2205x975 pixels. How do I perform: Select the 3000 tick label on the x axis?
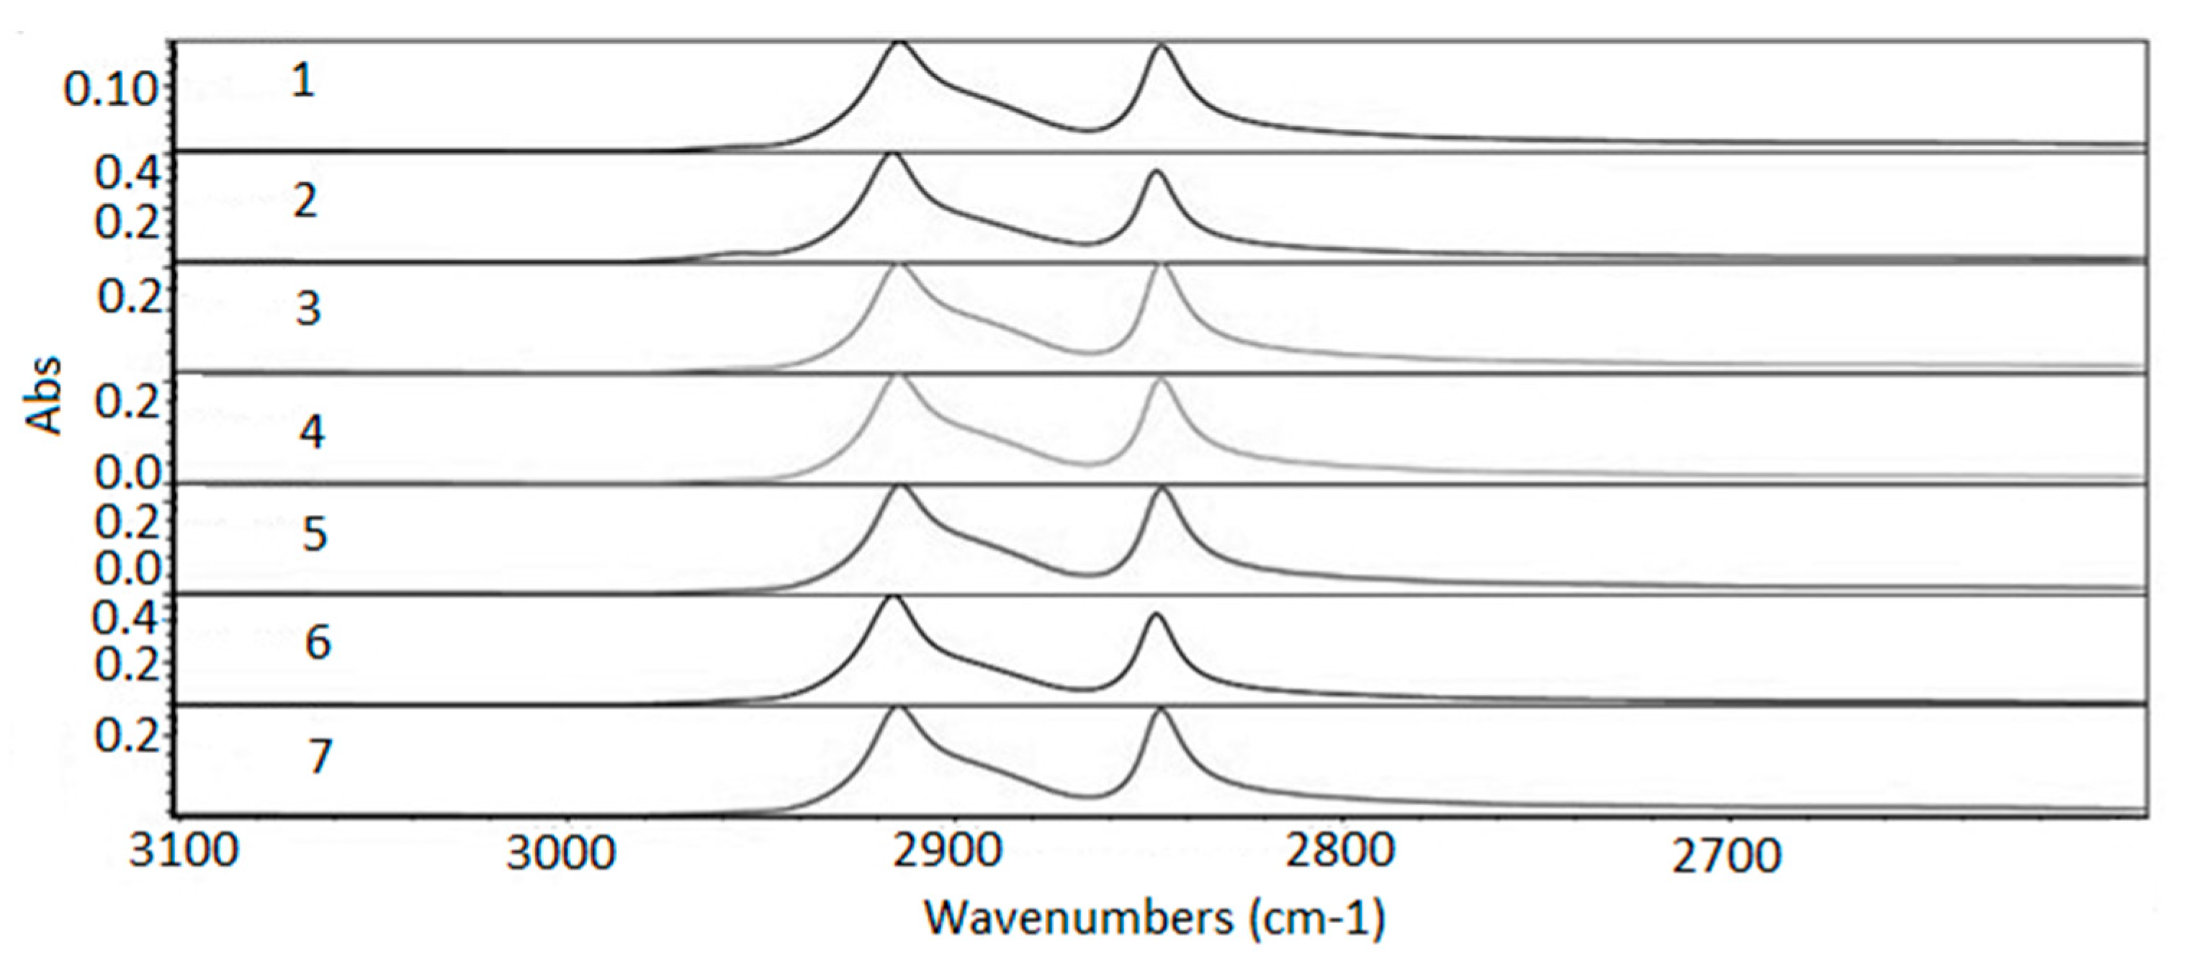click(561, 853)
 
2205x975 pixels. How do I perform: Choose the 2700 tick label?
click(1727, 856)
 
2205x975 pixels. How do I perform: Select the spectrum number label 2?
click(305, 201)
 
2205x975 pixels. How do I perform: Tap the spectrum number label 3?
click(308, 309)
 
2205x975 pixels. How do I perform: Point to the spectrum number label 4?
click(312, 431)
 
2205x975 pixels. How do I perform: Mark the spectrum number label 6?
click(318, 642)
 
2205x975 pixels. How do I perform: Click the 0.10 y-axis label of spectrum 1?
click(112, 90)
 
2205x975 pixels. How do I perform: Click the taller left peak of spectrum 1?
click(898, 42)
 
